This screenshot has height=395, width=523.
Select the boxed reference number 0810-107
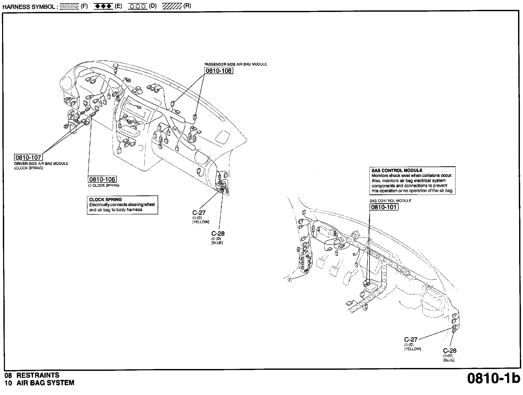[x=28, y=157]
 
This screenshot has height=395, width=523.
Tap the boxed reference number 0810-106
[x=102, y=179]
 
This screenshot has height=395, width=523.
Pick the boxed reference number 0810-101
[x=384, y=207]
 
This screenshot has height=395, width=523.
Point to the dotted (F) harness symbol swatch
[x=69, y=6]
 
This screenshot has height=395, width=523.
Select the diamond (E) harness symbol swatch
[x=103, y=6]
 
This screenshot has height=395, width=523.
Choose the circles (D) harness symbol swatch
[x=138, y=6]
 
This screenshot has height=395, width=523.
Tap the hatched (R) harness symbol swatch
[x=172, y=6]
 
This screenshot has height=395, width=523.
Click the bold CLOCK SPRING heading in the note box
[x=105, y=200]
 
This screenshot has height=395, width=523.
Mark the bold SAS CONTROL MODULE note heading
[x=397, y=170]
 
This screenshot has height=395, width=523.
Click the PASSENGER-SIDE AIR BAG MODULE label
[x=236, y=64]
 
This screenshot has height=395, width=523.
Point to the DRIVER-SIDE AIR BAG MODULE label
[x=41, y=163]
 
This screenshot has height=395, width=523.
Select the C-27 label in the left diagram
[x=199, y=213]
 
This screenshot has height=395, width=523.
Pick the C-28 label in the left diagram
[x=218, y=233]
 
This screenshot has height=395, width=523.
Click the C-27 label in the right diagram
[x=411, y=339]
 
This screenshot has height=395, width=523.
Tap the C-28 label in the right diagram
[x=450, y=351]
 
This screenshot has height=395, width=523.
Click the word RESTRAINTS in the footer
[x=38, y=375]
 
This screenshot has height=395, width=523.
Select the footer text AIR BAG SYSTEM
[x=45, y=383]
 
